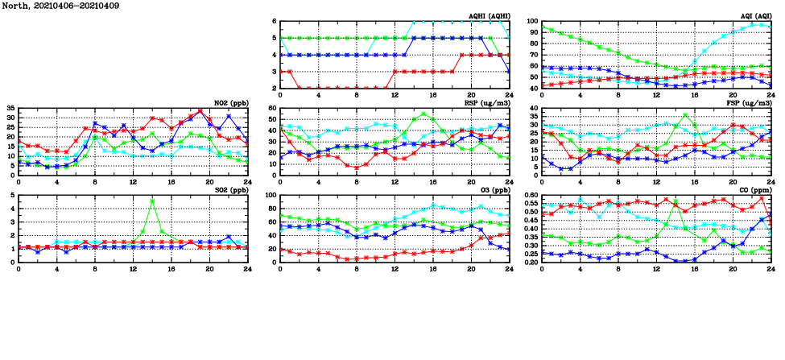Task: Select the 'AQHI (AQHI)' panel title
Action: [490, 16]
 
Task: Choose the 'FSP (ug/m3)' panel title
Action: [750, 103]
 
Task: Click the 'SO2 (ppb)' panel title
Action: [228, 190]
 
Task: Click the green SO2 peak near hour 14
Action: [152, 201]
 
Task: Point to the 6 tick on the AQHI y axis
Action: [274, 22]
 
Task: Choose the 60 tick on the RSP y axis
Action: [272, 108]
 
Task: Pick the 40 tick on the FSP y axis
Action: [534, 108]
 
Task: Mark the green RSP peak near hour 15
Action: [423, 114]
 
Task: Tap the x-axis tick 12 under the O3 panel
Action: [395, 269]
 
